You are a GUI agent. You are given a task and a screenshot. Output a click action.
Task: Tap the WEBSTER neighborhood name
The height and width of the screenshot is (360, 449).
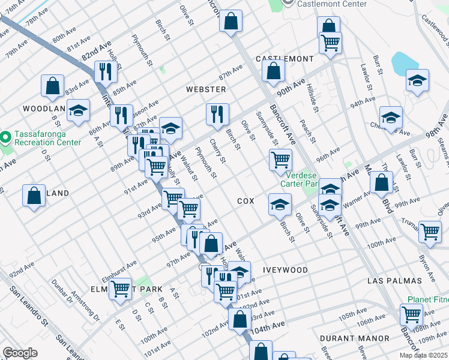pos(206,89)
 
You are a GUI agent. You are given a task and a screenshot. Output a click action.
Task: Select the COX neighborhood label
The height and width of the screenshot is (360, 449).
pos(246,201)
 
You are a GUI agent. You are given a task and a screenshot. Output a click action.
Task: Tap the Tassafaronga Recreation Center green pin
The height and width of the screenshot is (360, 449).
pos(6,139)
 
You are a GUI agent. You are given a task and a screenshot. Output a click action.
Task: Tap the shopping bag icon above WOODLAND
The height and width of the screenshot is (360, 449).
pos(52,85)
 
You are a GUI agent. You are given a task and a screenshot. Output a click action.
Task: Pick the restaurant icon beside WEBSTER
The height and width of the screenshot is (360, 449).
pos(217,114)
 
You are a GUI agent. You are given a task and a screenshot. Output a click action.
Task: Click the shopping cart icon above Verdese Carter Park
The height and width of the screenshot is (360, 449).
pos(280,160)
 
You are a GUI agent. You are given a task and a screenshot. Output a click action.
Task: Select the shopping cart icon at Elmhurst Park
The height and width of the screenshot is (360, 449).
pos(121,289)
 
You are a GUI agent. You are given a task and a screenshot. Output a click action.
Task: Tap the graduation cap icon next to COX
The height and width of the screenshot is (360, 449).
pos(279,204)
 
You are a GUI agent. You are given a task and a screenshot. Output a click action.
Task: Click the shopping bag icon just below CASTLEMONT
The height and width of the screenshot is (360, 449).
pos(273,71)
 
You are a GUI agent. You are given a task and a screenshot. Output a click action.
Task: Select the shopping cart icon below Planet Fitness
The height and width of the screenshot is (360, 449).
pos(412,314)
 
